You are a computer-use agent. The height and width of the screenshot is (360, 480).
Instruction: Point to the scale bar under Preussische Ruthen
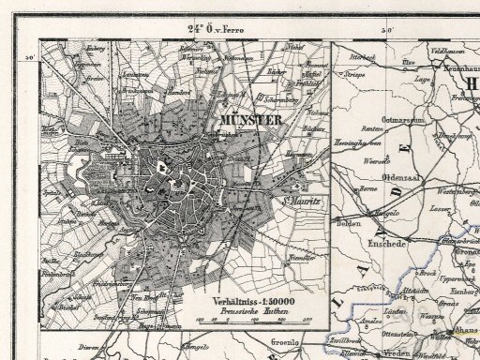coord(240,321)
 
